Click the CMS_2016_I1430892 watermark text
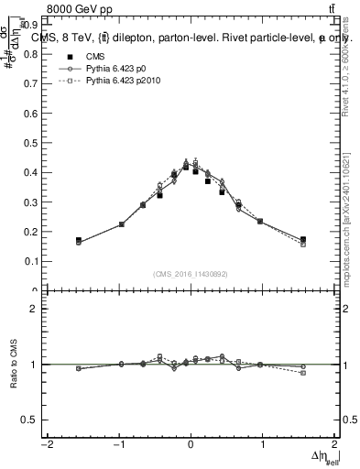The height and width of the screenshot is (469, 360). [x=191, y=274]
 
